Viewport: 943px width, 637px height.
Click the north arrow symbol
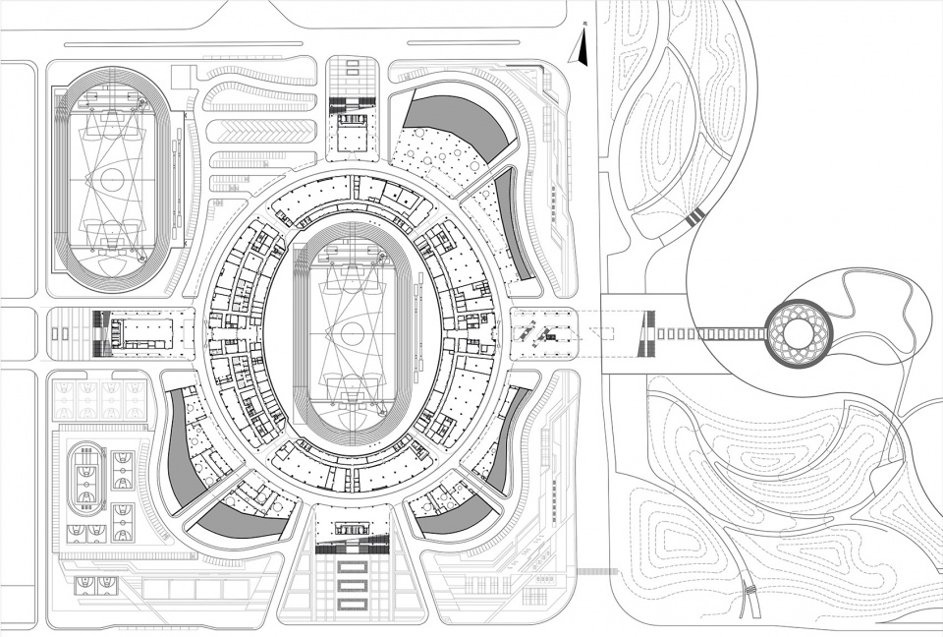tap(582, 43)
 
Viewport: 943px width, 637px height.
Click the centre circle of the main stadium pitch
tap(345, 331)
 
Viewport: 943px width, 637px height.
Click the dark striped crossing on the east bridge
tap(646, 333)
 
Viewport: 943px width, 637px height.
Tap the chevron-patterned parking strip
tap(260, 129)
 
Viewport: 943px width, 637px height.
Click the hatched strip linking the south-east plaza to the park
tap(594, 570)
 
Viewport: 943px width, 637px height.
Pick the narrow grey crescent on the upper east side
tap(514, 221)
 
